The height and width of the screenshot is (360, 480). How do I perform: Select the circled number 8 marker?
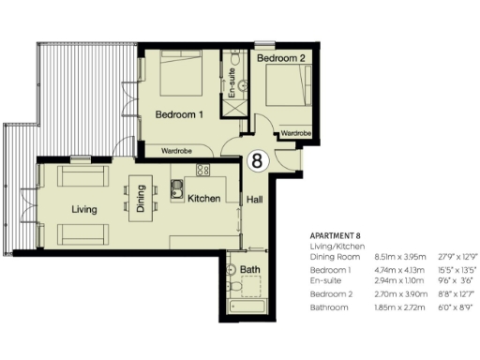point(256,160)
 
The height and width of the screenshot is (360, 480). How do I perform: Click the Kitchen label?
point(203,200)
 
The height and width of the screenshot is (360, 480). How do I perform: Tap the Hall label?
point(255,200)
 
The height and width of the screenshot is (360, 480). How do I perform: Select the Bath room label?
point(251,269)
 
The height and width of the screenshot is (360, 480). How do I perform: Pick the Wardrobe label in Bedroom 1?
point(178,149)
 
